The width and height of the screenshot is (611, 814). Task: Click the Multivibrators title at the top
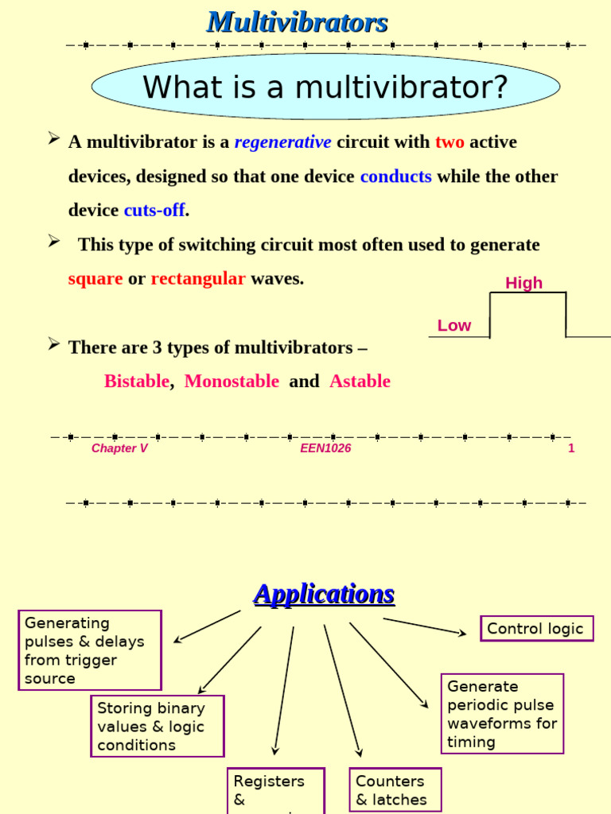297,22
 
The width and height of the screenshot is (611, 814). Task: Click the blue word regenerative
282,142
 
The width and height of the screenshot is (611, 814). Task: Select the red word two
449,142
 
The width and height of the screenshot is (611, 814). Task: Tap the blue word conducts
395,176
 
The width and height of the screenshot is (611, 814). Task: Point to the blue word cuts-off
154,211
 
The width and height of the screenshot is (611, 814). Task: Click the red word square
95,279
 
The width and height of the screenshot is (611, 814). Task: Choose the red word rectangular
198,279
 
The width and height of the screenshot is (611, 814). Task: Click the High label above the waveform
523,283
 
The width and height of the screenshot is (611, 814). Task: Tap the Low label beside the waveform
453,325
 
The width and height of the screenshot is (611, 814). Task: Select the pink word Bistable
137,382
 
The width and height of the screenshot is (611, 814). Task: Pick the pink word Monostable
232,382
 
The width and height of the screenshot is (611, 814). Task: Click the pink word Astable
360,382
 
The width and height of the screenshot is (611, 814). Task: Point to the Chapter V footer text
119,448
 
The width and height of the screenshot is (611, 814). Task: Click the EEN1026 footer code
325,448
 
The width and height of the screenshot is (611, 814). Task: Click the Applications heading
324,594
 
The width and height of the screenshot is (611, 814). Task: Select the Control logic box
536,629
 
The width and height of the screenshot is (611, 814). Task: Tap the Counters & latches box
395,790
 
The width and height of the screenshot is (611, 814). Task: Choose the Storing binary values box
157,726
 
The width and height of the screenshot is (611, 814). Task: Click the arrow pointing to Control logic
425,626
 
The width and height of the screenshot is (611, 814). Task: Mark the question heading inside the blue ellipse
325,87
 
